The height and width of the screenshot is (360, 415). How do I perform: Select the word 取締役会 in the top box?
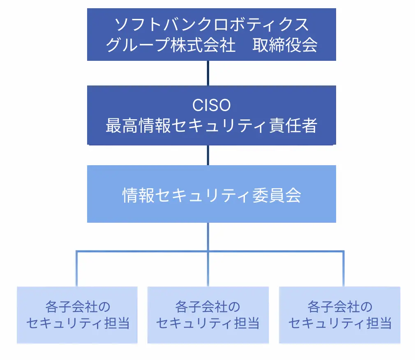coord(285,45)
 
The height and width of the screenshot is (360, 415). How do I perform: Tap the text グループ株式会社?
coord(171,45)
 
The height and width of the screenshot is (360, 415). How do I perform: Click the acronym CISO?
coord(211,106)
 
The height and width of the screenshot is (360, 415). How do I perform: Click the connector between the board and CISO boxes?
coord(208,73)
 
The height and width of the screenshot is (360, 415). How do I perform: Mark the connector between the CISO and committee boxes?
coord(208,155)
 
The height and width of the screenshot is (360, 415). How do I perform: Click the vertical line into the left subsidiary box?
coord(77,269)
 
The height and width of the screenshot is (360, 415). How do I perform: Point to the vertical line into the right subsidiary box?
coord(343,269)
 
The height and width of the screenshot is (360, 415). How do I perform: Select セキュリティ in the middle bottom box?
coord(194,323)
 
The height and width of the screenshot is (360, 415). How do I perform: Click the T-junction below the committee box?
coord(208,251)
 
